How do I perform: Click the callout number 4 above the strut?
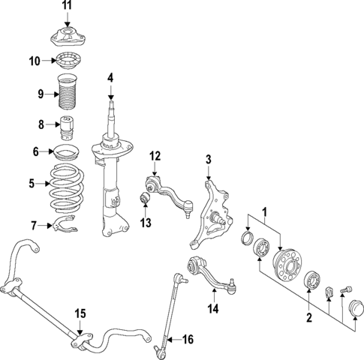(x=110, y=77)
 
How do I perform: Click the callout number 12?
(x=155, y=156)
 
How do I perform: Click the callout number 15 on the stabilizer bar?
(x=80, y=313)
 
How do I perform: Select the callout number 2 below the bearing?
(x=308, y=318)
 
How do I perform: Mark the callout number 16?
(x=188, y=340)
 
